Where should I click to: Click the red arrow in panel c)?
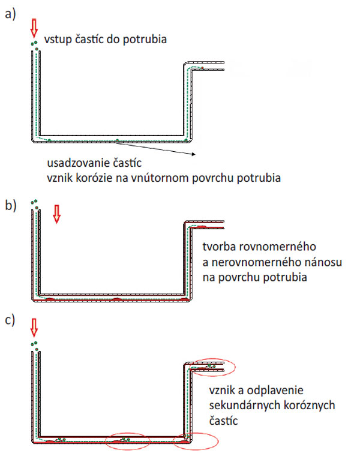(x=34, y=328)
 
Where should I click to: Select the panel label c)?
(x=10, y=319)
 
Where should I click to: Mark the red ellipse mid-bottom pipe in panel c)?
(x=125, y=440)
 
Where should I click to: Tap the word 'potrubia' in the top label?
(x=146, y=40)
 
